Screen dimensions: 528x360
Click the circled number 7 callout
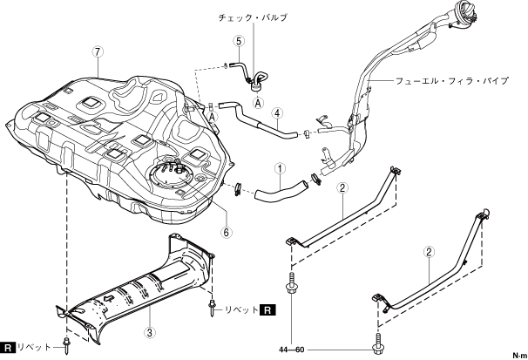click(98, 52)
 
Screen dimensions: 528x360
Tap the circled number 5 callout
click(239, 41)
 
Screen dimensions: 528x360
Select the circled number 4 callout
click(277, 113)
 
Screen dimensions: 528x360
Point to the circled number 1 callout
click(280, 168)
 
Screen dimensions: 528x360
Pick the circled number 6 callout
click(227, 232)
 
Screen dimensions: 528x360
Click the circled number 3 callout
click(150, 333)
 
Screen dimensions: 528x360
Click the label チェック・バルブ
click(253, 17)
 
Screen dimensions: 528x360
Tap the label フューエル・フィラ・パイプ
click(452, 81)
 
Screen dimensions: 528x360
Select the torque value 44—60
click(292, 350)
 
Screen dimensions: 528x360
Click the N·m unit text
click(520, 356)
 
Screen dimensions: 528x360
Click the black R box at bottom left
click(8, 347)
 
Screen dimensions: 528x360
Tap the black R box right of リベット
click(267, 309)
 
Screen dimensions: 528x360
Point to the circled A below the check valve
click(258, 103)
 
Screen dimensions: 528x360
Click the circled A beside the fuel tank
click(212, 117)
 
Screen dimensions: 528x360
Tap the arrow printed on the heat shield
click(108, 298)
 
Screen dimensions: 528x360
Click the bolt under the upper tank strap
click(291, 284)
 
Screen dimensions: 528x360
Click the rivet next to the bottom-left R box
click(66, 345)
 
